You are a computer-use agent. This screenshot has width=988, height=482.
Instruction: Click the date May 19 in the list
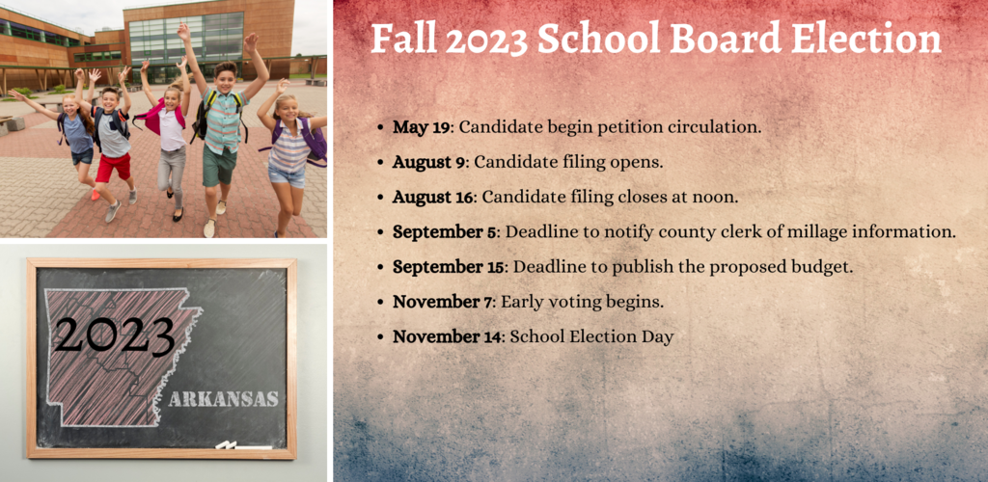pyautogui.click(x=422, y=127)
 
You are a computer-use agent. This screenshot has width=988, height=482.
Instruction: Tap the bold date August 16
pyautogui.click(x=433, y=197)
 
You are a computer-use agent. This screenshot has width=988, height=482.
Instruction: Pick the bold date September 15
pyautogui.click(x=449, y=267)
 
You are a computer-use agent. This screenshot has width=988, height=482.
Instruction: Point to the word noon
pyautogui.click(x=717, y=198)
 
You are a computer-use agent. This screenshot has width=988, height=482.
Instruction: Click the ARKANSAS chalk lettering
pyautogui.click(x=223, y=399)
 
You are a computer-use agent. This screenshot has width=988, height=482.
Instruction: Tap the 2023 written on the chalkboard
pyautogui.click(x=114, y=335)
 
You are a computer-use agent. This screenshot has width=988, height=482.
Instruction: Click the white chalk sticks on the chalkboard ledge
pyautogui.click(x=244, y=445)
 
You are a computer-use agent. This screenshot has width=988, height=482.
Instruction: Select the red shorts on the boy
pyautogui.click(x=114, y=167)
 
